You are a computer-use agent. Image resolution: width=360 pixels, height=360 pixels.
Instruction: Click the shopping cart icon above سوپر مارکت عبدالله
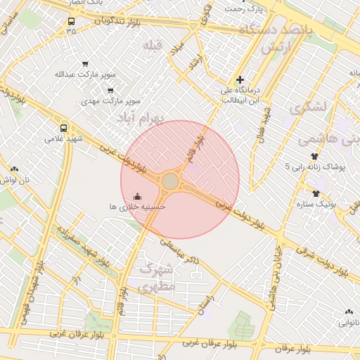85,64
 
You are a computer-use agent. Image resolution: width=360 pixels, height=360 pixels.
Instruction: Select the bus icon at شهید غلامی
64,128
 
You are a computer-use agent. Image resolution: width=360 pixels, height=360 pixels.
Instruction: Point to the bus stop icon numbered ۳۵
71,21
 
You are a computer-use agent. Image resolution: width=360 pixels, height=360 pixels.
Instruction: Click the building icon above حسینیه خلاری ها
137,195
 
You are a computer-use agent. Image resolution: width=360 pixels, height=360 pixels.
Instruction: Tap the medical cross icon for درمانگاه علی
240,80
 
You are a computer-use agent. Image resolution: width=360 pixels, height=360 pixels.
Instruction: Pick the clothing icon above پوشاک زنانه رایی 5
314,156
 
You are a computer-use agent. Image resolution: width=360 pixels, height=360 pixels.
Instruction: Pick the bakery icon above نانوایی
349,311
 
